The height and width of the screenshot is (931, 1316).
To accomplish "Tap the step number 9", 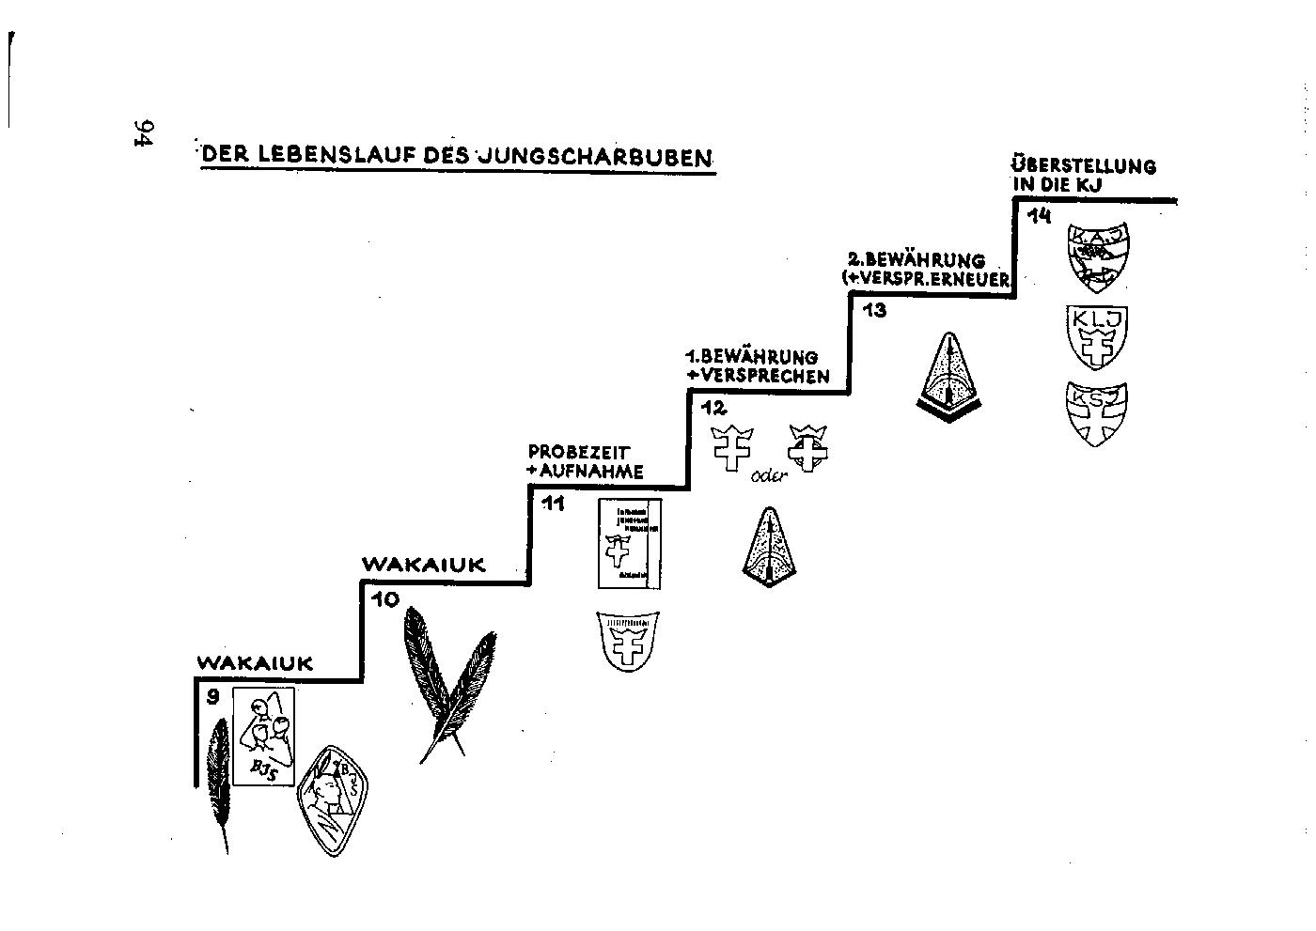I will [213, 696].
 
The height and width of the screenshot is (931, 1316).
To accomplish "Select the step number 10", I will [384, 598].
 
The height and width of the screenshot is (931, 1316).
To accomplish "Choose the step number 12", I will [713, 409].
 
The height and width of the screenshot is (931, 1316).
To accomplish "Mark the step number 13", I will [874, 310].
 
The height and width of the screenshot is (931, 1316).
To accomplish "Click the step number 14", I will [1039, 217].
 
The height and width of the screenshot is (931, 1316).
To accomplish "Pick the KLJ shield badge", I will [1098, 337].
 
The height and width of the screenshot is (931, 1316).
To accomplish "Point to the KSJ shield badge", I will [1096, 412].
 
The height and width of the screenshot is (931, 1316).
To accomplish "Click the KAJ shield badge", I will [1097, 258].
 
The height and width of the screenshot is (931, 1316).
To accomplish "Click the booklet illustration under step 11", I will [629, 543].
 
